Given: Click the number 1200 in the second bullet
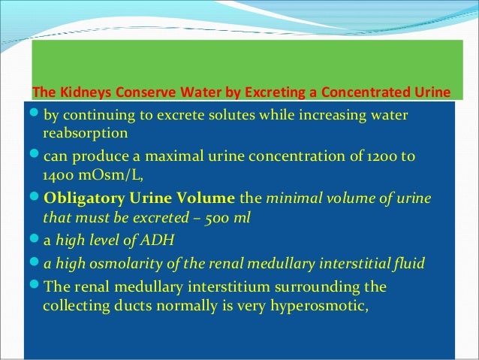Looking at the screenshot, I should click(x=382, y=156).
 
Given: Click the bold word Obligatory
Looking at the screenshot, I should click(x=82, y=199).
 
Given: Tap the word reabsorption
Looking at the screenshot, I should click(x=86, y=134).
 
